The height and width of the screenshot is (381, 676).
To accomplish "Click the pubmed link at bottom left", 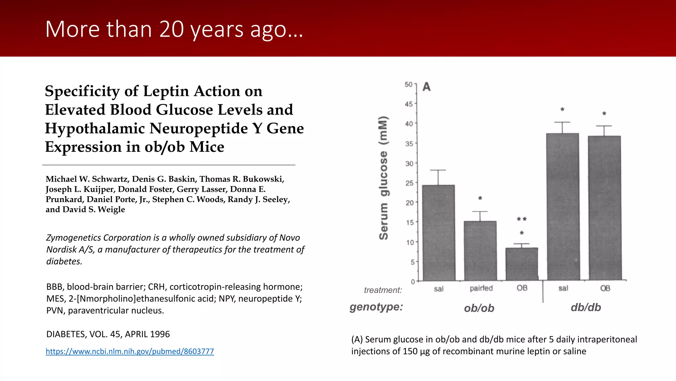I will [130, 351].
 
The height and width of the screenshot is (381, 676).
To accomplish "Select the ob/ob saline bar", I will [438, 233].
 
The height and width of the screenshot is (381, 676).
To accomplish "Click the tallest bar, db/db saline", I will [562, 207].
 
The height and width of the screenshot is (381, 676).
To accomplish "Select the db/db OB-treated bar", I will [604, 208].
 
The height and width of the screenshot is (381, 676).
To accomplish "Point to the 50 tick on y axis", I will [409, 85].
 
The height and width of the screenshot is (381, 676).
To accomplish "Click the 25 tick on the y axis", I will [409, 183].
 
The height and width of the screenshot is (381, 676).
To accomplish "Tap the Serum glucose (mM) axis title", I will [384, 178].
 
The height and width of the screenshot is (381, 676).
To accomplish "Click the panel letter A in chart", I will [426, 87].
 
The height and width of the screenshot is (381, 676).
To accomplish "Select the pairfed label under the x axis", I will [481, 288].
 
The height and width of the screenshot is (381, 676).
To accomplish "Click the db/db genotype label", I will [586, 308].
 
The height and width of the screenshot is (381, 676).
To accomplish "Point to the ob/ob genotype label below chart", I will [479, 308].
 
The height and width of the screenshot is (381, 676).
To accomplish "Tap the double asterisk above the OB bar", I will [522, 219].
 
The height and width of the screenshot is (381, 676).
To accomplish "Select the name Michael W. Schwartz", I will [87, 179].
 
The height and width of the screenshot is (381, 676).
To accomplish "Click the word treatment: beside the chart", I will [383, 290].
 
